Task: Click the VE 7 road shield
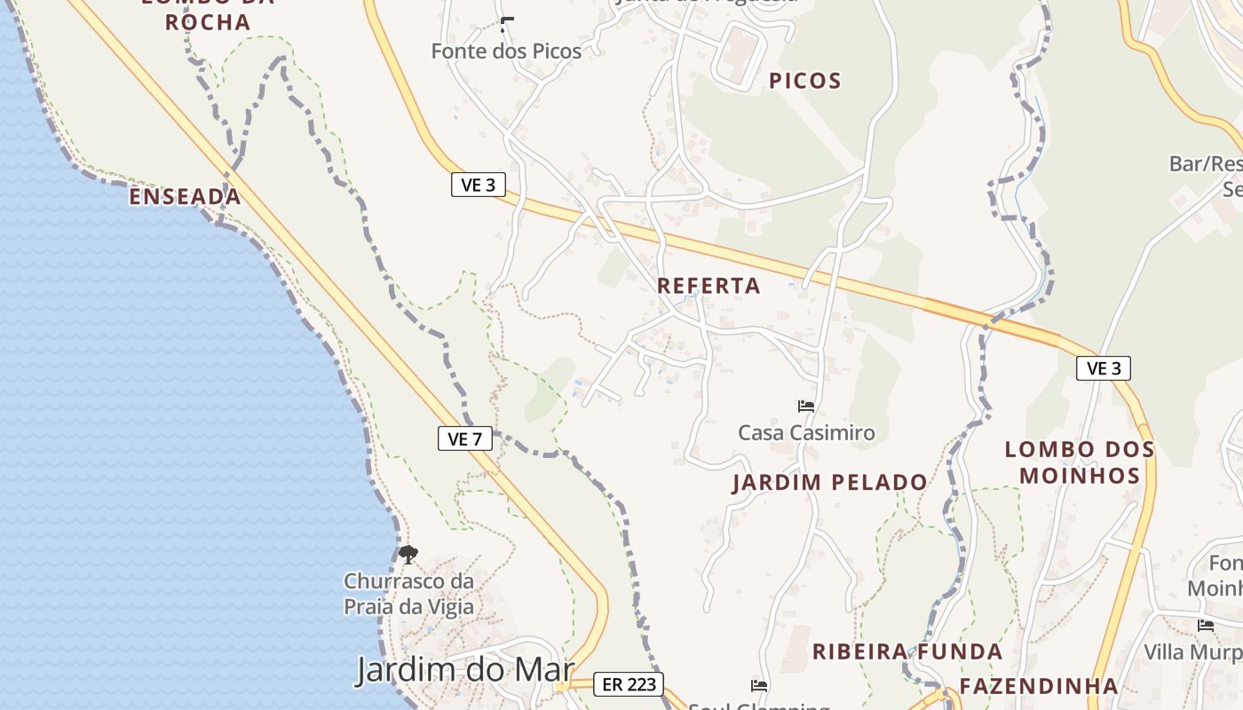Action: [x=465, y=438]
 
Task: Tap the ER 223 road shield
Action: [x=629, y=684]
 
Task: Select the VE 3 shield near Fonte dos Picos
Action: [x=478, y=185]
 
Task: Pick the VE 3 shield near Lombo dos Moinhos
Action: [x=1104, y=368]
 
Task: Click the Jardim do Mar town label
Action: [x=465, y=669]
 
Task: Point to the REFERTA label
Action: [x=709, y=286]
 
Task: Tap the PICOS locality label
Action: [x=804, y=81]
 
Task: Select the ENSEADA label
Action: [x=185, y=197]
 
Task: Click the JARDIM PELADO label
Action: [x=829, y=483]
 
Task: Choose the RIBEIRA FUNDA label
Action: [x=907, y=652]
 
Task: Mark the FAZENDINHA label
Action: [x=1038, y=686]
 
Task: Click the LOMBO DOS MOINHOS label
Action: [x=1080, y=462]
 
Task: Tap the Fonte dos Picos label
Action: [x=506, y=51]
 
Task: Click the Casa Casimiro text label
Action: [x=806, y=433]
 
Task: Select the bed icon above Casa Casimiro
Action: [x=806, y=406]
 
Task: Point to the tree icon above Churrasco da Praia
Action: [x=408, y=556]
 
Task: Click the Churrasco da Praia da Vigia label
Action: [x=408, y=595]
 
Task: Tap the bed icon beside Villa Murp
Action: [x=1206, y=626]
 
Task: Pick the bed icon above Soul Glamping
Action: [x=759, y=685]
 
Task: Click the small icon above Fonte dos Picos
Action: [x=507, y=24]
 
